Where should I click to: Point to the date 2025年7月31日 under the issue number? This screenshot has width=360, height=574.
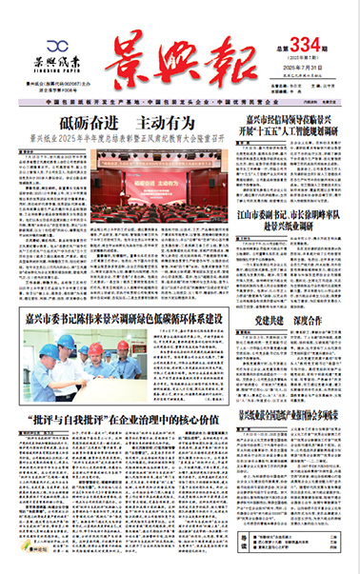[x=294, y=73]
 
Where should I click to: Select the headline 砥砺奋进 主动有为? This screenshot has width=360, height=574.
[x=127, y=123]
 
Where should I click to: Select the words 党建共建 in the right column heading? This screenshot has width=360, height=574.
[x=270, y=320]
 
